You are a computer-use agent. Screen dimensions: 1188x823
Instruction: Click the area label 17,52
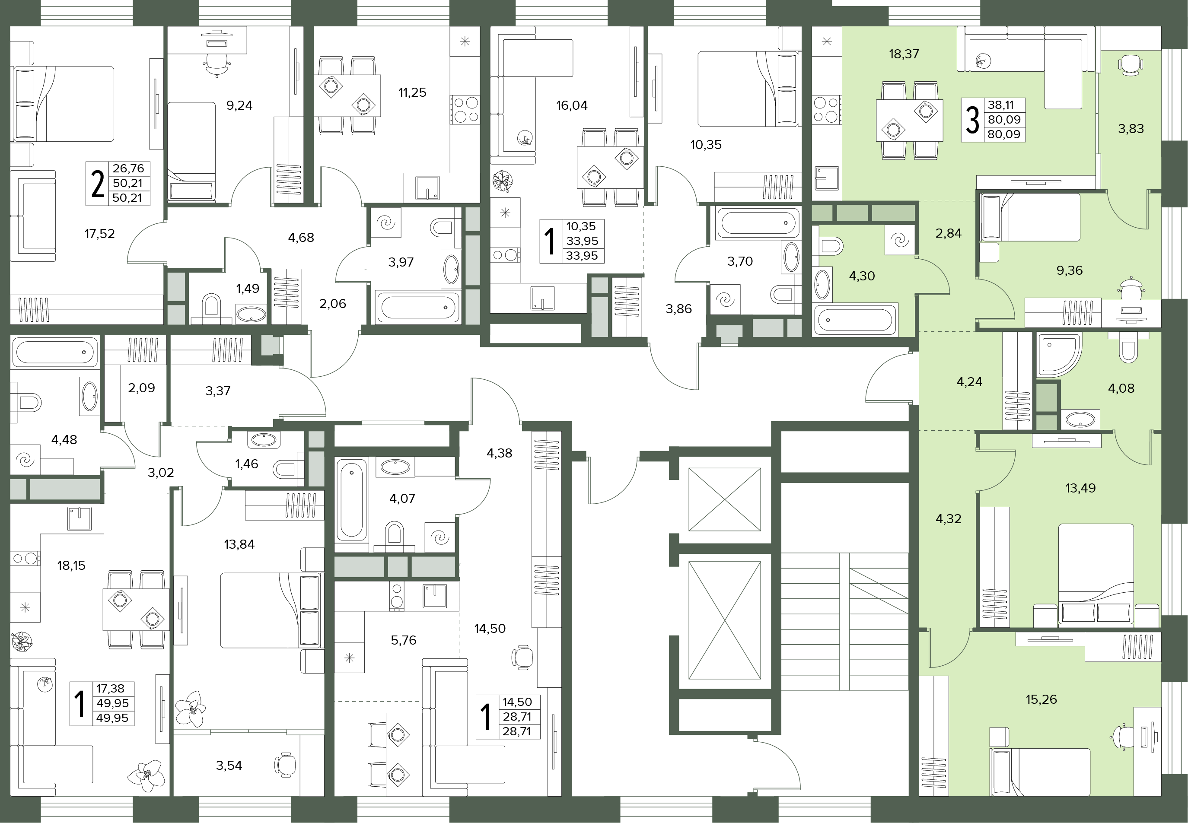[99, 234]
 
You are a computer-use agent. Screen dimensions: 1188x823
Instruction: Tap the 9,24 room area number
[239, 105]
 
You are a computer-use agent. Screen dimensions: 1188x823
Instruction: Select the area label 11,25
[412, 92]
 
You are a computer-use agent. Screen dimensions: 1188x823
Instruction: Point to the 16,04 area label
[572, 105]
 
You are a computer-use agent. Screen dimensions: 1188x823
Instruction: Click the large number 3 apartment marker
[972, 120]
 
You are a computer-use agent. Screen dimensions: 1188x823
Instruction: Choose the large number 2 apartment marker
[97, 184]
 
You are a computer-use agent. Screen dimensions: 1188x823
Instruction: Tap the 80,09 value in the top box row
[1004, 120]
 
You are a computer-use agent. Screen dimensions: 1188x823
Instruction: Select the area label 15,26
[1041, 699]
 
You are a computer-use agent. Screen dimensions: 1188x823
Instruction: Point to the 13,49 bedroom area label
[1080, 488]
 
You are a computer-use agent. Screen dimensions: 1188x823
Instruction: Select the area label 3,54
[229, 765]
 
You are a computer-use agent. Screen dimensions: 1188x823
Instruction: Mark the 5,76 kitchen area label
[403, 640]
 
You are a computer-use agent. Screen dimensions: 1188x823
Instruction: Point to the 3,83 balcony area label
[1131, 128]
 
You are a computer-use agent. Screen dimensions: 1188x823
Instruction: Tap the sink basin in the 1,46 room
[264, 439]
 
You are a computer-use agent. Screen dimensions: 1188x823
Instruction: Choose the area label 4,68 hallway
[301, 238]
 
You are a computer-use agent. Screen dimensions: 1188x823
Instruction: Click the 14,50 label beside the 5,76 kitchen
[490, 628]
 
